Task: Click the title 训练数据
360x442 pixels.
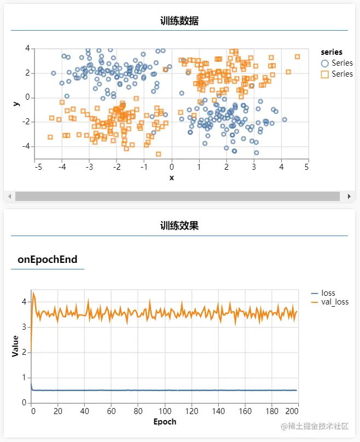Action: (179, 21)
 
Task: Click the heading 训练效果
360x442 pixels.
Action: (179, 226)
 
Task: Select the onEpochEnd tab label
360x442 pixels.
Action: (48, 260)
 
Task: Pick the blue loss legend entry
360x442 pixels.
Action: (328, 293)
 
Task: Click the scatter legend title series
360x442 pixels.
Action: (332, 53)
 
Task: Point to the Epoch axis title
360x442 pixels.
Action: (165, 422)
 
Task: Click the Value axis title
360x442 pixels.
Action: (15, 346)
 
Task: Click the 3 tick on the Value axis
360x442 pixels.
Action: (24, 327)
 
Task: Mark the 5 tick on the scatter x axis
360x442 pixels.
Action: (307, 167)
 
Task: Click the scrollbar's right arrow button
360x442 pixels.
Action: (349, 196)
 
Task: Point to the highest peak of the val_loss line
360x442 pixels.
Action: (34, 293)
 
